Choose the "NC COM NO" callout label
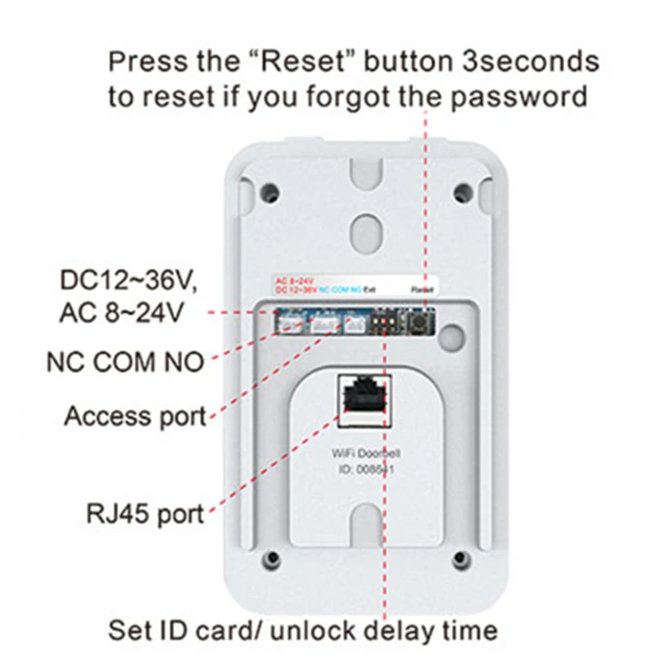coord(124,362)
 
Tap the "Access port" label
coord(135,415)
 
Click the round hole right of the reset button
coord(451,333)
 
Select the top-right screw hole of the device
coord(460,192)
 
